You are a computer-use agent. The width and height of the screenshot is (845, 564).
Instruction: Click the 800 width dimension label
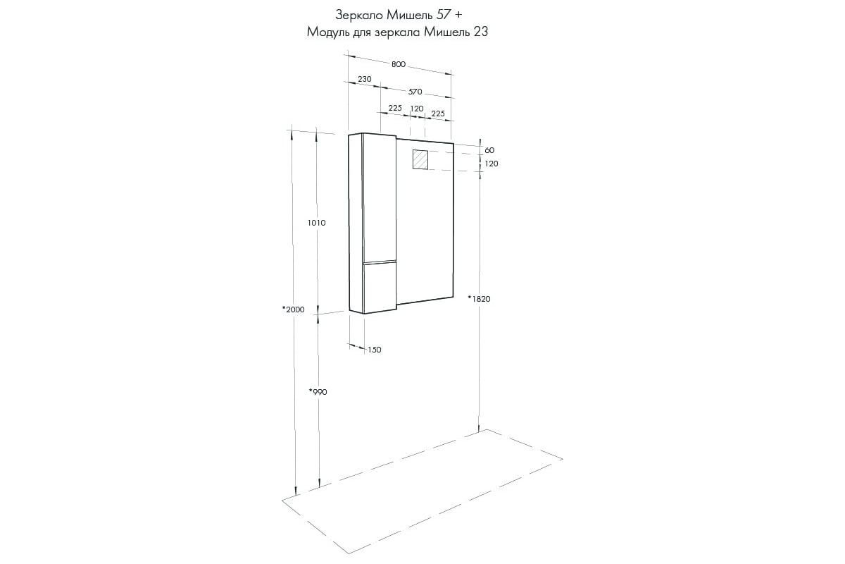(x=399, y=64)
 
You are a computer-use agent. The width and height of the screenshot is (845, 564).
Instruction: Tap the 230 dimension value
(x=365, y=79)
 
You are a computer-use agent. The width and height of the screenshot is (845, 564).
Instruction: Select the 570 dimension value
(x=415, y=92)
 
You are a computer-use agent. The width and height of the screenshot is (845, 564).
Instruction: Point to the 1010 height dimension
(x=316, y=223)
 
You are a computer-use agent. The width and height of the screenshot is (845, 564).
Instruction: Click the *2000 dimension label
(x=293, y=309)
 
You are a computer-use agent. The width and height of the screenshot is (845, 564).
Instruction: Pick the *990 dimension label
(x=318, y=392)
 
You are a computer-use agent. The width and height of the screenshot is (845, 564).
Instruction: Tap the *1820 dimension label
(x=479, y=299)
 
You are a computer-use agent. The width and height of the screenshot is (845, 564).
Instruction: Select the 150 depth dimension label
(x=374, y=350)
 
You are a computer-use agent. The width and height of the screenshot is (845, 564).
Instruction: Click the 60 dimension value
(x=489, y=150)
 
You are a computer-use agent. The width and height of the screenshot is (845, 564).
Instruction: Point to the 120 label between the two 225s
(x=417, y=109)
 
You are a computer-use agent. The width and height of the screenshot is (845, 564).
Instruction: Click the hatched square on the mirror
(x=420, y=159)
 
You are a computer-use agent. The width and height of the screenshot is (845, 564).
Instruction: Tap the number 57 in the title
(x=444, y=15)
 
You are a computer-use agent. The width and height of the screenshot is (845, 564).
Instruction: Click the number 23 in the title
(x=480, y=32)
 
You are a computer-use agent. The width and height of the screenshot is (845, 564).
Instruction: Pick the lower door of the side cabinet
(x=380, y=287)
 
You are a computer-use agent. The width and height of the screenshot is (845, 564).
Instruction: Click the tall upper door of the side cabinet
(x=379, y=198)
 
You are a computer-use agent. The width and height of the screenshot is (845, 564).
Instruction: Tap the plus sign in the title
(x=458, y=16)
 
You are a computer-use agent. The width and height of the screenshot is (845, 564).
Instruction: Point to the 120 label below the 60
(x=492, y=164)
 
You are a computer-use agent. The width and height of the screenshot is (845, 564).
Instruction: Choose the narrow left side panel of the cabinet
(x=356, y=223)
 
